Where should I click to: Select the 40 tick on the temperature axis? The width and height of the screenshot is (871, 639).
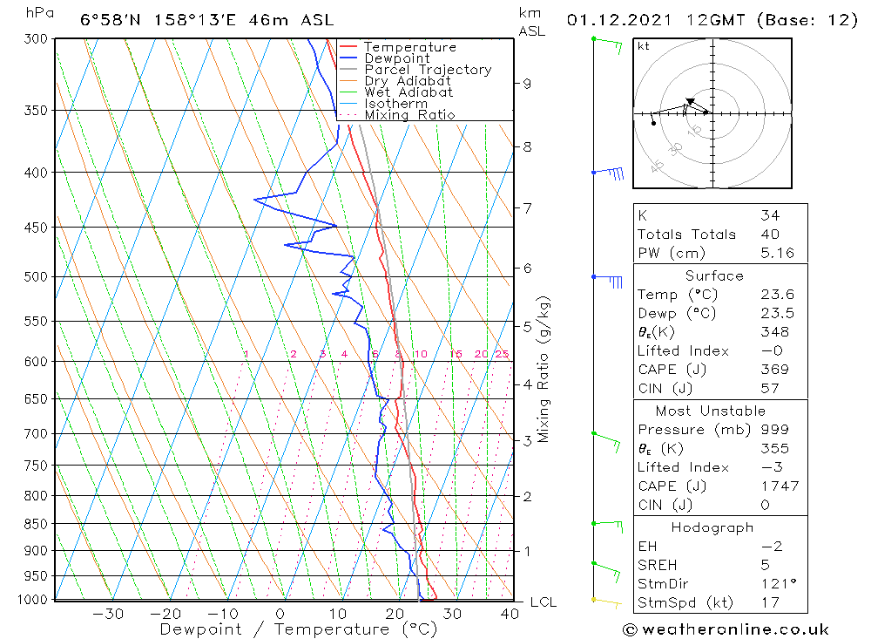(510, 614)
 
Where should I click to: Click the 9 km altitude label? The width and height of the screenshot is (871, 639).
(527, 84)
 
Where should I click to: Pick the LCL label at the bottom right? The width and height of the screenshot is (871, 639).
(543, 602)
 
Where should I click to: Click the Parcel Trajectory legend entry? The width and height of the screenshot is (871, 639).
(428, 70)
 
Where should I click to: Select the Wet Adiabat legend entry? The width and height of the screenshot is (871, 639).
(408, 92)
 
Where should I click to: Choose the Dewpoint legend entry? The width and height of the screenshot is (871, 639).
(396, 58)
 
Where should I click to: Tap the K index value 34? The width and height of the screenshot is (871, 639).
(770, 216)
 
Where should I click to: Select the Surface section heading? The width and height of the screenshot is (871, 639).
(714, 276)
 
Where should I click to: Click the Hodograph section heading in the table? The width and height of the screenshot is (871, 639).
(712, 527)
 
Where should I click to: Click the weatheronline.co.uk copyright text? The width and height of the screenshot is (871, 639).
(726, 629)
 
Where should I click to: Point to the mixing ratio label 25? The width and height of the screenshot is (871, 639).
(502, 354)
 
